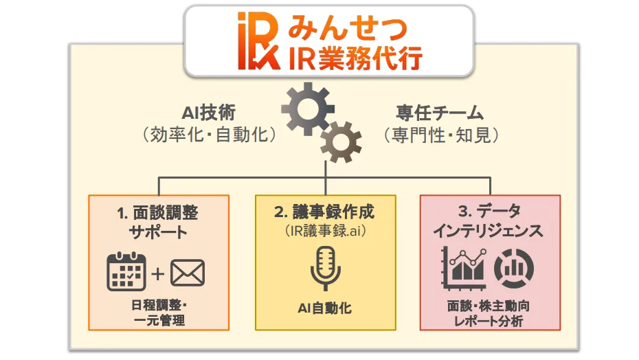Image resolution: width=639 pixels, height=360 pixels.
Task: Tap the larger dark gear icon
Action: pyautogui.click(x=307, y=108)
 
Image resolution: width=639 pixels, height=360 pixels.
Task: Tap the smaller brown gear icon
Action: pyautogui.click(x=341, y=142)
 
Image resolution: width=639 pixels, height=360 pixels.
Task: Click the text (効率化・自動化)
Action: pyautogui.click(x=209, y=135)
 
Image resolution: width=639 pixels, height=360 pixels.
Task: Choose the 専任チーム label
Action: pyautogui.click(x=440, y=113)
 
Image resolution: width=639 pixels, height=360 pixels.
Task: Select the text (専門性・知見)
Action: pyautogui.click(x=440, y=135)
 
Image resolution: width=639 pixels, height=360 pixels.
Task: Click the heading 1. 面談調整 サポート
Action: pyautogui.click(x=158, y=221)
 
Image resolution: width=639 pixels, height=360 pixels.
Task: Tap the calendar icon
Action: pyautogui.click(x=127, y=272)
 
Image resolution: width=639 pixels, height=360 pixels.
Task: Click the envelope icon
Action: pyautogui.click(x=188, y=273)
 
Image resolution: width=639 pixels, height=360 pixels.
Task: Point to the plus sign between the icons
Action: pyautogui.click(x=157, y=273)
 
